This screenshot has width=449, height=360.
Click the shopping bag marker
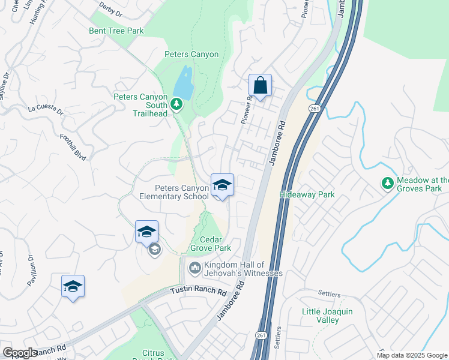pos(260,86)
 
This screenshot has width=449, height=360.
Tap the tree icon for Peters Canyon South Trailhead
pos(176,105)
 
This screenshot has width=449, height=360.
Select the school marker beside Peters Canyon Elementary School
pos(222,186)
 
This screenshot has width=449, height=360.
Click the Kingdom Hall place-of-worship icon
pos(194,267)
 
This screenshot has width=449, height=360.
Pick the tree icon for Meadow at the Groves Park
pos(388,182)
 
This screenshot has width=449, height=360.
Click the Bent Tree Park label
pos(116,31)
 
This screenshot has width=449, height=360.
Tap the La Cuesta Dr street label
pos(46,109)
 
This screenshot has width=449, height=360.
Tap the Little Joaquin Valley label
pos(327,316)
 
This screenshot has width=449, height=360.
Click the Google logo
pos(20,353)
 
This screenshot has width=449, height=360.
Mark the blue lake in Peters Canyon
pos(184,84)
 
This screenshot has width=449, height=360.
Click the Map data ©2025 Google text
pos(412,355)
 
